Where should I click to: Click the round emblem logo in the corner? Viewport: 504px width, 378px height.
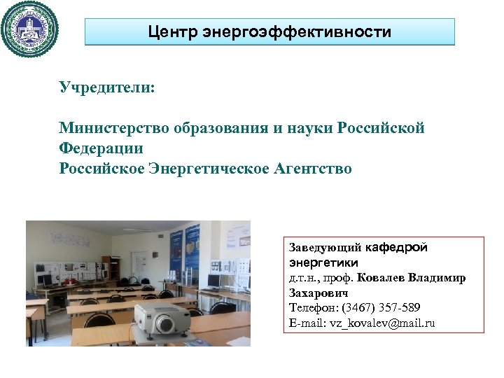pos(30,29)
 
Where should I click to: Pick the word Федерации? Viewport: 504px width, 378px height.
pos(101,148)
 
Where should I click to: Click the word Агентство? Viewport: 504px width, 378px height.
pos(311,169)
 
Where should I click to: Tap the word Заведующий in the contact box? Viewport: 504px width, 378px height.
pos(325,247)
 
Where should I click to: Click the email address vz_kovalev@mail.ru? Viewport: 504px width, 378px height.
pos(381,323)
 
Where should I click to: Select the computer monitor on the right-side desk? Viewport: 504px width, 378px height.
pos(214,279)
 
